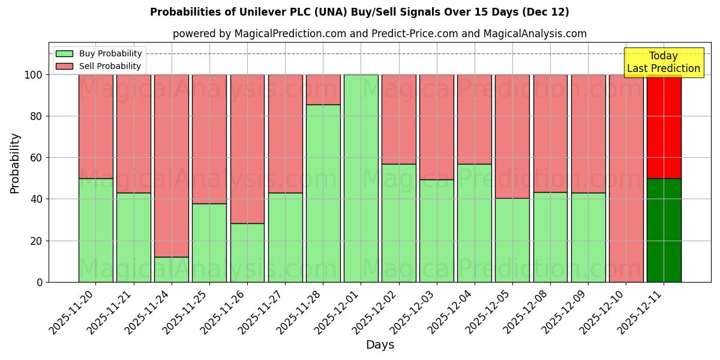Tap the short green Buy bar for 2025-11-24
coord(172,269)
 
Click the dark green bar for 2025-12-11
coord(664,230)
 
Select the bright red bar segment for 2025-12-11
coord(664,127)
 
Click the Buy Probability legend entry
coord(99,53)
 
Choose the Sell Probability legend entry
coord(99,66)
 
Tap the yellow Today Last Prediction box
coord(664,62)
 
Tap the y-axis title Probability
coord(15,163)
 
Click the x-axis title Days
coord(380,345)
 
